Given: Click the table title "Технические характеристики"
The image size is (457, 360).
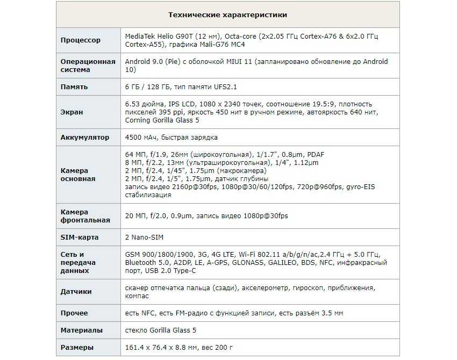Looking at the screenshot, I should pos(227,15).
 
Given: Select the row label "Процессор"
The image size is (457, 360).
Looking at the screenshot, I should pos(81,40).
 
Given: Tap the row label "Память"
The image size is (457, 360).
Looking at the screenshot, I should pos(74,87).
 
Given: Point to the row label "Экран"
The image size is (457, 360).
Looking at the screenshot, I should pos(72,112).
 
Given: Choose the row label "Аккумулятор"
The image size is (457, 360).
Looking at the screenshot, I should pos(85,137).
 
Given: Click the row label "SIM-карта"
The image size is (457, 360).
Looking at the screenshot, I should pos(80,237).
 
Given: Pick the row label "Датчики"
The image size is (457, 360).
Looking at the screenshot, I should pos(76,292).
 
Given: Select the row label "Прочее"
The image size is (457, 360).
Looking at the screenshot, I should pos(74,313).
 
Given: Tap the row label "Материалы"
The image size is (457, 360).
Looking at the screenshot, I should pos(82,330).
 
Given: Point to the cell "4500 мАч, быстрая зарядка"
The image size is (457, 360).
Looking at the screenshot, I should pos(171,137).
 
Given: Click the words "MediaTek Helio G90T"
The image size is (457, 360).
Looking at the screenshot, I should pos(159,36).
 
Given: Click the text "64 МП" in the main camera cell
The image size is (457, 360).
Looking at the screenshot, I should pos(135,154).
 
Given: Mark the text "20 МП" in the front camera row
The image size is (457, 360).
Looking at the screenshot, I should pos(135,215).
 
